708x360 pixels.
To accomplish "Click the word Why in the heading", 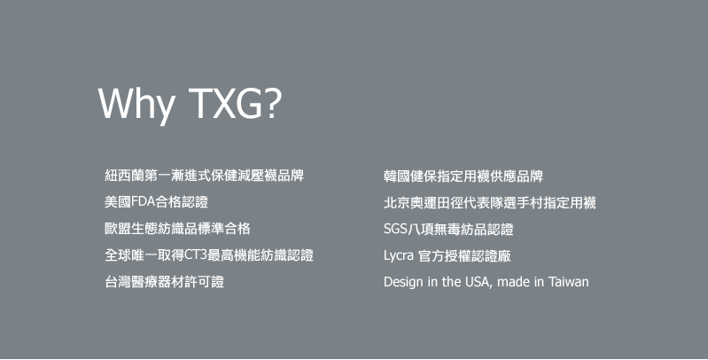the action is [136, 105].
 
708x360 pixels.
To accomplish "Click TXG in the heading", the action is [224, 103].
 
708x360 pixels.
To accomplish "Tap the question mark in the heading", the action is [272, 103].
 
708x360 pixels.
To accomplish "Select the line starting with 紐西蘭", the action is [204, 176].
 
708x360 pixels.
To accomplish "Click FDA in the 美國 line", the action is [144, 201].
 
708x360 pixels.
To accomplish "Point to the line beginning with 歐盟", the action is [177, 228].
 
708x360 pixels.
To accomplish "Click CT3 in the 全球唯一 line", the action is [196, 254].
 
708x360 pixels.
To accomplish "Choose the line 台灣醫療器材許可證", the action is [164, 281].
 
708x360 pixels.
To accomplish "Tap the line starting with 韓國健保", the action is [463, 176].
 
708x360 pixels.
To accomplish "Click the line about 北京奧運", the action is [490, 202].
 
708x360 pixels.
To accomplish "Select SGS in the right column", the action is [395, 229].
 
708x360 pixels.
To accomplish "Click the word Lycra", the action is [399, 256].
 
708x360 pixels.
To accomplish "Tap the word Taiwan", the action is [569, 282].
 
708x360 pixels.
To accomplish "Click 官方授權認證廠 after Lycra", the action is [464, 255].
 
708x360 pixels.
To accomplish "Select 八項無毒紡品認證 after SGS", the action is [461, 229].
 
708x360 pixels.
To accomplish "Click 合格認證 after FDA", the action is [182, 201].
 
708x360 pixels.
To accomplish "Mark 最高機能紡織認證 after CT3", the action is [261, 254].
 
